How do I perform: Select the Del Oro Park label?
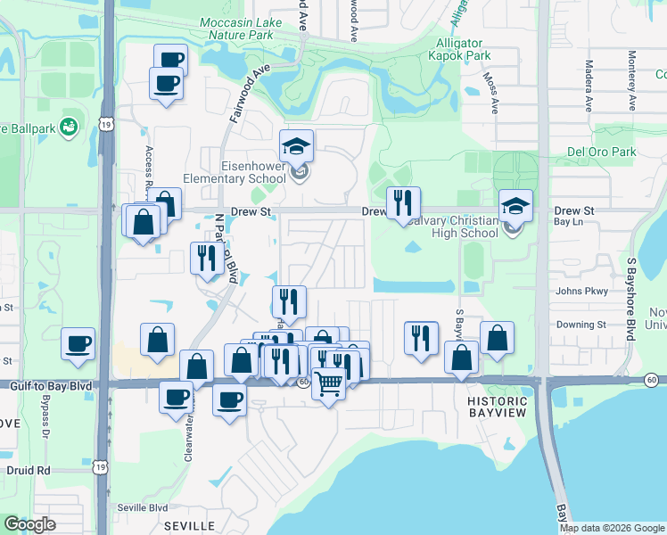pos(602,152)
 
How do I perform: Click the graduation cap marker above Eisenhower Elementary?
pos(297,147)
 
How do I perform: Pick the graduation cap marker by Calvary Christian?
pos(515,207)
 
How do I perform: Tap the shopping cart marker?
pos(329,385)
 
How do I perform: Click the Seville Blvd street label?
pos(143,507)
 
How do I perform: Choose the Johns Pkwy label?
pos(581,291)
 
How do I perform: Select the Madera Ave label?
pos(589,86)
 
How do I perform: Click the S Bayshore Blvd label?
pos(629,299)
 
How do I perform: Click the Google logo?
pos(29,525)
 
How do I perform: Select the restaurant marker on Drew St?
pos(403,204)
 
